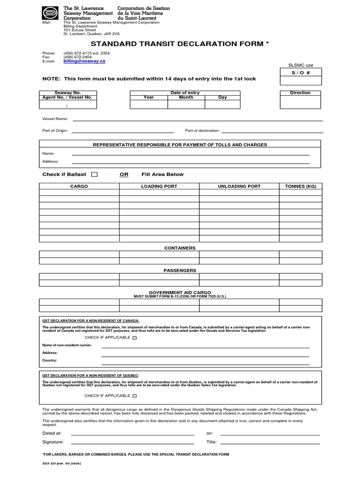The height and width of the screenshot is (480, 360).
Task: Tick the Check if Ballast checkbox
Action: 94,174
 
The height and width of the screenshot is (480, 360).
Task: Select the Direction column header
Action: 300,93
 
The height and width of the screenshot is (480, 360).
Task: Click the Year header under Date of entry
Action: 149,97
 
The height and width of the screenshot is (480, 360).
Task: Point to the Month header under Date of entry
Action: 186,97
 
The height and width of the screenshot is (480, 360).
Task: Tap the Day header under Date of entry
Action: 223,97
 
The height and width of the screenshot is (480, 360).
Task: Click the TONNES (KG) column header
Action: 300,186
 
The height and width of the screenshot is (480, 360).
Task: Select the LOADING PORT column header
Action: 159,186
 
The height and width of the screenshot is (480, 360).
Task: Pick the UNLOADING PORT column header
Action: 239,186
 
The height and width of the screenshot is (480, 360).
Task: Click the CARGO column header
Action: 79,186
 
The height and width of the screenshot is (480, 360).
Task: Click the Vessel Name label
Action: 55,119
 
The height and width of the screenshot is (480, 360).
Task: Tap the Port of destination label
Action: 202,130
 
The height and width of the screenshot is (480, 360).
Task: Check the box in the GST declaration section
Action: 135,337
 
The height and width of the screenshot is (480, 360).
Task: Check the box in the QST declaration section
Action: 135,396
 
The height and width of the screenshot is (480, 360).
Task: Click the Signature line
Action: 132,442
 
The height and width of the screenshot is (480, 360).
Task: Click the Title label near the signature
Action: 211,442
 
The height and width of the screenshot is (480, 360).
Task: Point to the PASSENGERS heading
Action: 180,270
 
